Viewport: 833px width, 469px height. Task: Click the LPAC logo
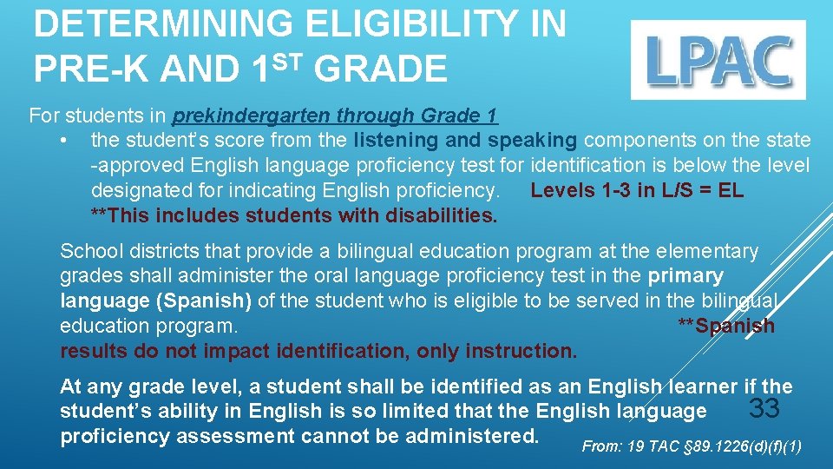(718, 60)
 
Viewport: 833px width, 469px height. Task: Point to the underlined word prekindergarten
(252, 116)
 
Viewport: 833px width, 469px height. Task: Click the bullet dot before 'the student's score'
(64, 141)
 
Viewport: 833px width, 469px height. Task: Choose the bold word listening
(397, 140)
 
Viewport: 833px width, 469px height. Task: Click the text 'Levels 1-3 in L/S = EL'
(637, 190)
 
